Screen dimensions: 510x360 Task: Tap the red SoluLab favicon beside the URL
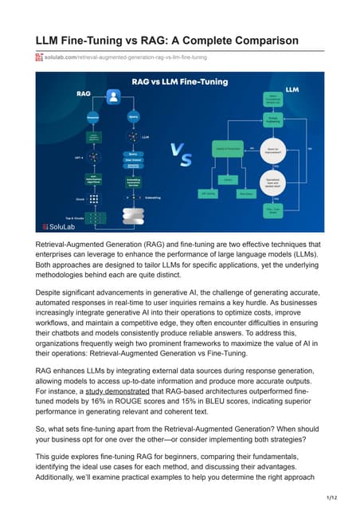tap(40, 57)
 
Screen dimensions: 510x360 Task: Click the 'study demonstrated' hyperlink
tap(118, 392)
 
